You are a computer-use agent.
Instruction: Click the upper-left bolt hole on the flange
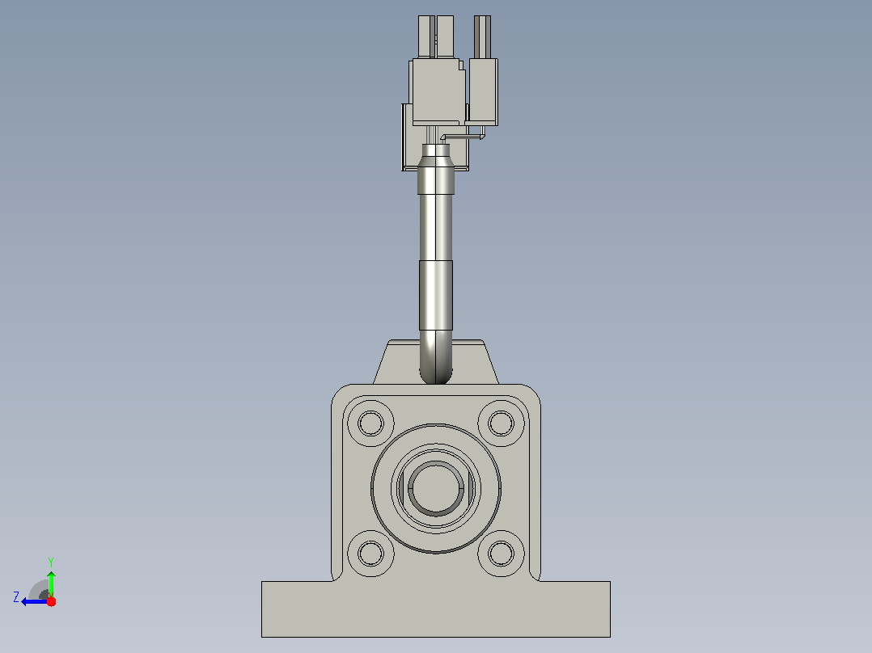pyautogui.click(x=371, y=423)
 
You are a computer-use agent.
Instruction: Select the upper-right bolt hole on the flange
pyautogui.click(x=501, y=423)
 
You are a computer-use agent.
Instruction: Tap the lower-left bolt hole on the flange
pyautogui.click(x=371, y=554)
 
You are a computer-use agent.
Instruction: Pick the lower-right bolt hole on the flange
pyautogui.click(x=501, y=554)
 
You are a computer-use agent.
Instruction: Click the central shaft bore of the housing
pyautogui.click(x=436, y=488)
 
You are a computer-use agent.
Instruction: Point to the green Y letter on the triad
pyautogui.click(x=51, y=562)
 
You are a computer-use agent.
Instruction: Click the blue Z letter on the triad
pyautogui.click(x=16, y=597)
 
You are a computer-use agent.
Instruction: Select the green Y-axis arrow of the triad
pyautogui.click(x=51, y=584)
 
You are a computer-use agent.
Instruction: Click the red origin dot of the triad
pyautogui.click(x=51, y=601)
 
